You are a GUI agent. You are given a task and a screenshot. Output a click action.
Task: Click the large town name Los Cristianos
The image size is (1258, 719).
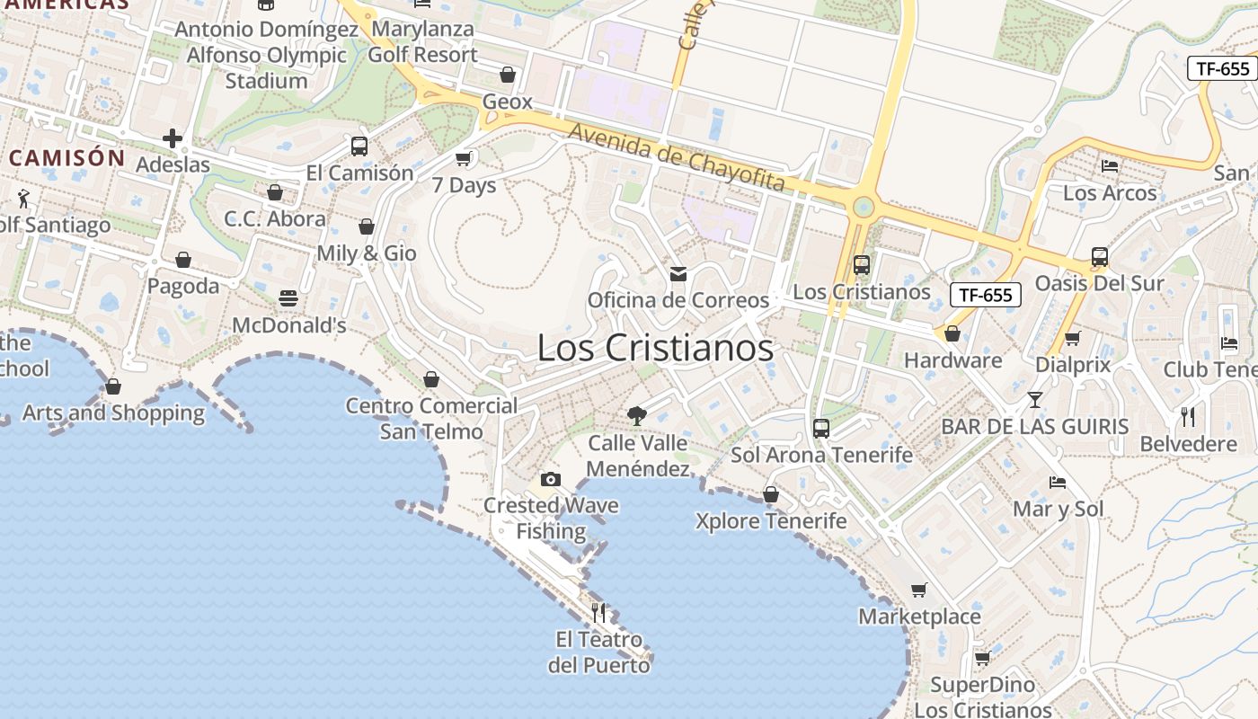[655, 348]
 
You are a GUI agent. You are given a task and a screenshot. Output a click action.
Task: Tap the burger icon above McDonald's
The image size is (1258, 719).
[288, 297]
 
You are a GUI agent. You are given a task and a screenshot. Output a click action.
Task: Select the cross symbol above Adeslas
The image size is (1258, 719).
[172, 138]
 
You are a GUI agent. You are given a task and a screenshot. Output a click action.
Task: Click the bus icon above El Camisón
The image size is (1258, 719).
[359, 146]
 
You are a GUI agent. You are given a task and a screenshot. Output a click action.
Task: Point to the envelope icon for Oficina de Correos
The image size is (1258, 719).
[678, 273]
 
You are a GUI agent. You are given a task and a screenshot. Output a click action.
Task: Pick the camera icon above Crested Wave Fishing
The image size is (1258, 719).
[551, 479]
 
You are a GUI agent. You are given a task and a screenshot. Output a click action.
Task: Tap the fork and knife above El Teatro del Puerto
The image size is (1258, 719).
[598, 613]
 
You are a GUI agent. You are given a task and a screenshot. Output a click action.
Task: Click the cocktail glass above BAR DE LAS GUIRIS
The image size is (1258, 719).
[1035, 399]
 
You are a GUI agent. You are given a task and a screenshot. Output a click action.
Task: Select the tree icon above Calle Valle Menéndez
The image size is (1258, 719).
[637, 415]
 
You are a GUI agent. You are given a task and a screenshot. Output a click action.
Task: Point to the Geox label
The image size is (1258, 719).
[508, 102]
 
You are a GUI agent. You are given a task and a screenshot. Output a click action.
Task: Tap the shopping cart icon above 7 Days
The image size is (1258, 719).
[464, 158]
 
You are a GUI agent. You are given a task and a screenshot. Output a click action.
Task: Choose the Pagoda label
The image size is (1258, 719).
[183, 286]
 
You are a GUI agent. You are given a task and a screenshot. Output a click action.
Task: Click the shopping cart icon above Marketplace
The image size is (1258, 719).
[918, 590]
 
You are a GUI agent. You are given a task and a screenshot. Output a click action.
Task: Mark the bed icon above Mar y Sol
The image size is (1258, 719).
[1058, 483]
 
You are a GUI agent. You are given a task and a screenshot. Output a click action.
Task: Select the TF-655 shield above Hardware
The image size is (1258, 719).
[986, 294]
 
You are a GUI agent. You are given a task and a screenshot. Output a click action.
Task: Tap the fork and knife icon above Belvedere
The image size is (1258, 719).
[1188, 416]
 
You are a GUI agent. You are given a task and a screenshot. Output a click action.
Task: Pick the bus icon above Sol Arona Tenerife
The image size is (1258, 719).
[820, 429]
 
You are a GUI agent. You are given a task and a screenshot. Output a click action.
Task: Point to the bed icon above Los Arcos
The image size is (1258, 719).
[1110, 166]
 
